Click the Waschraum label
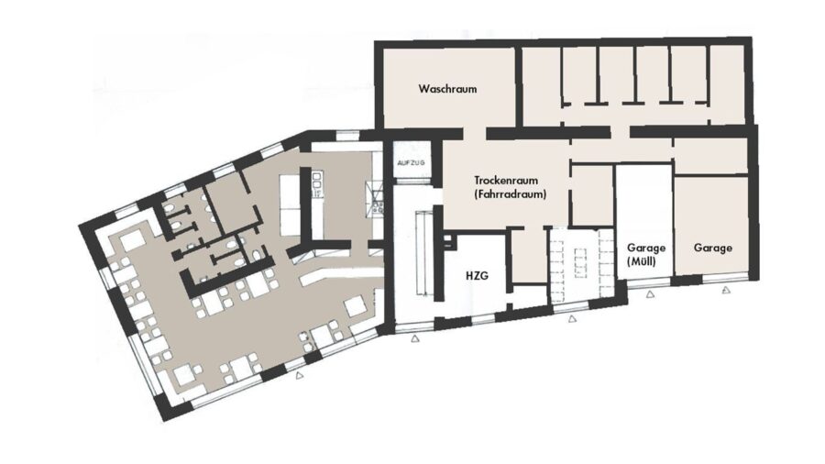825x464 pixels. tap(447, 88)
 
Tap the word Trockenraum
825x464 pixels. tap(506, 181)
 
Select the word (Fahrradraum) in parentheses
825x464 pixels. tap(510, 194)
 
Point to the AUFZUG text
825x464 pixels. tap(411, 163)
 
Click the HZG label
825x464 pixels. tap(478, 275)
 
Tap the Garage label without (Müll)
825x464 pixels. tap(713, 248)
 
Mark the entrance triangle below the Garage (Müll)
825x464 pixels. tap(650, 294)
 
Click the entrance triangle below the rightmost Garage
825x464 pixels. tap(726, 290)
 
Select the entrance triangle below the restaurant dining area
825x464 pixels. tap(300, 376)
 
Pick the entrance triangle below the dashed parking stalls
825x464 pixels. tap(572, 318)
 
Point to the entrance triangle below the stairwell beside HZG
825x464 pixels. tap(415, 339)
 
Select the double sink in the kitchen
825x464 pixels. tap(317, 185)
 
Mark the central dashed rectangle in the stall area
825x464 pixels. tap(580, 262)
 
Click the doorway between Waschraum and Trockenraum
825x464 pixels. tap(474, 134)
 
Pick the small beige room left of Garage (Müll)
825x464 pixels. tap(592, 195)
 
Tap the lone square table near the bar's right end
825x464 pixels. tap(355, 306)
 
